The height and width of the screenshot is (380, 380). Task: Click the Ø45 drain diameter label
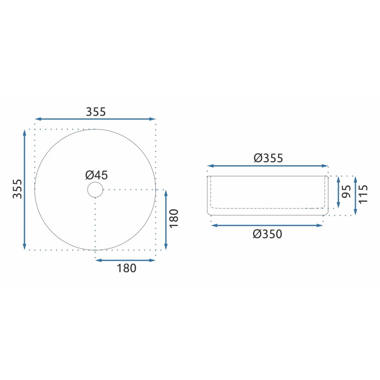click(96, 175)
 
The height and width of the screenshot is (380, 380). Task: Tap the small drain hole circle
click(95, 190)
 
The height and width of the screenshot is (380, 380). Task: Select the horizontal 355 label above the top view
click(95, 112)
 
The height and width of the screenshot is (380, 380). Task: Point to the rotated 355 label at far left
click(17, 189)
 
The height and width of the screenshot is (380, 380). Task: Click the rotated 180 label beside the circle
click(174, 218)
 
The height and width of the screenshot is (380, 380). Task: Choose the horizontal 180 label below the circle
click(127, 268)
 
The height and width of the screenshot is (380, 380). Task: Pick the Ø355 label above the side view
click(268, 158)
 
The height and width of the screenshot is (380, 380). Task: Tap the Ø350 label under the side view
click(267, 234)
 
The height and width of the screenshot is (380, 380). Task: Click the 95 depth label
click(346, 191)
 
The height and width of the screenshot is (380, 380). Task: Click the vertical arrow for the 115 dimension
click(355, 196)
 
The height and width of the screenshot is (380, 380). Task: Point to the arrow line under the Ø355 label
click(267, 166)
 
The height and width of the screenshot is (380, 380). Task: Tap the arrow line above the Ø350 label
click(267, 225)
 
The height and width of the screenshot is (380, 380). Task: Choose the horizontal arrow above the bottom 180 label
click(126, 260)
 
